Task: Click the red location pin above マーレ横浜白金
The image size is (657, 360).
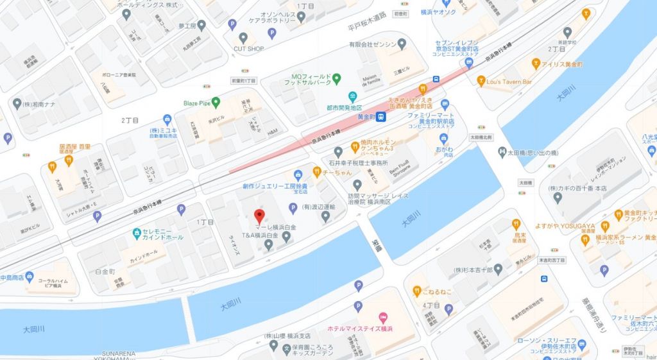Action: click(259, 216)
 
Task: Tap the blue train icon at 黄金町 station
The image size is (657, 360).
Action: click(380, 116)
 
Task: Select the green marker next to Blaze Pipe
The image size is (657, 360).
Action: click(216, 101)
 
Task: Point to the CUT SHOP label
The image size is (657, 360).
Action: click(248, 48)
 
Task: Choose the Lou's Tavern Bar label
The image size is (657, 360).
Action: click(509, 81)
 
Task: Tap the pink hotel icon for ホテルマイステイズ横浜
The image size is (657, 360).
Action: click(383, 317)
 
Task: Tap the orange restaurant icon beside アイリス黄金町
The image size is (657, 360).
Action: click(536, 64)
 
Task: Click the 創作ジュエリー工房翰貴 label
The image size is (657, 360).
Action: click(266, 187)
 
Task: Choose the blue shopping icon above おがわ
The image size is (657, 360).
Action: click(443, 139)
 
